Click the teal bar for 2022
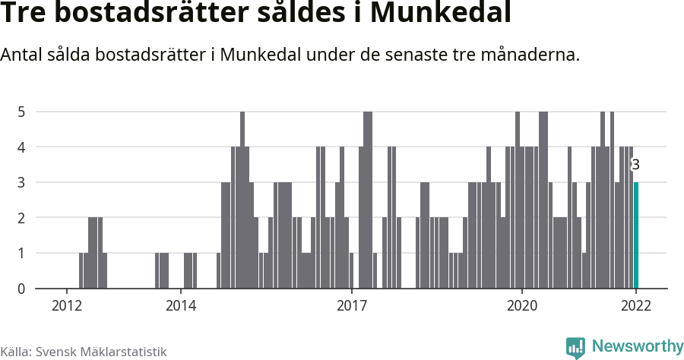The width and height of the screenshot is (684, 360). click(636, 235)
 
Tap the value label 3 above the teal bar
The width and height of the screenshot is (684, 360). click(636, 165)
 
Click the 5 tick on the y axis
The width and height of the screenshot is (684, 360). click(22, 112)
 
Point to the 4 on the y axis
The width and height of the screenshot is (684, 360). click(22, 147)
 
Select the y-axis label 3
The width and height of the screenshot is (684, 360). click(22, 182)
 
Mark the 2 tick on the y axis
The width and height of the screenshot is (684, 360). click(22, 218)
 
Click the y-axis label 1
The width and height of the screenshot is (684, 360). click(22, 253)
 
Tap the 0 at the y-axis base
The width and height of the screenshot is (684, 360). click(22, 289)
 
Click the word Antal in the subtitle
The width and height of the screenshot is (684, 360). click(22, 55)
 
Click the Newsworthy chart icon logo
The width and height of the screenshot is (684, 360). click(575, 348)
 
